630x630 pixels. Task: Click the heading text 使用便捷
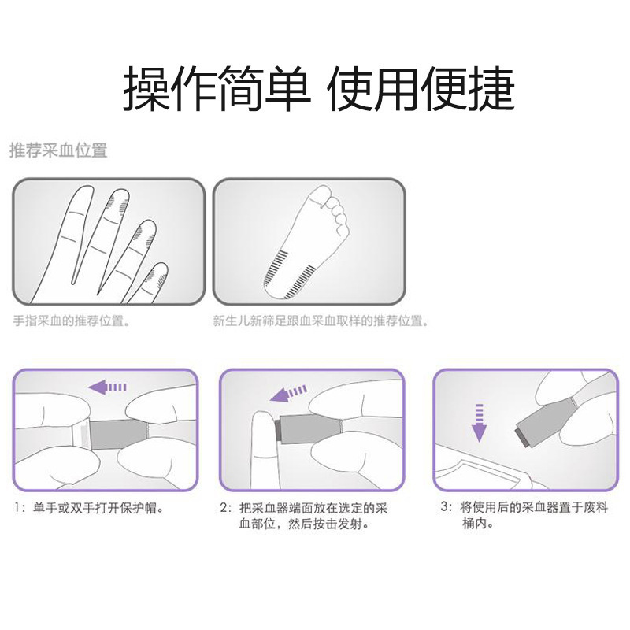coord(421,88)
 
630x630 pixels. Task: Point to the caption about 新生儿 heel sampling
coord(321,321)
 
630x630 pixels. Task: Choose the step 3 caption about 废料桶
coord(524,516)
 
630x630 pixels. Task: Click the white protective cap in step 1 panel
coord(79,435)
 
